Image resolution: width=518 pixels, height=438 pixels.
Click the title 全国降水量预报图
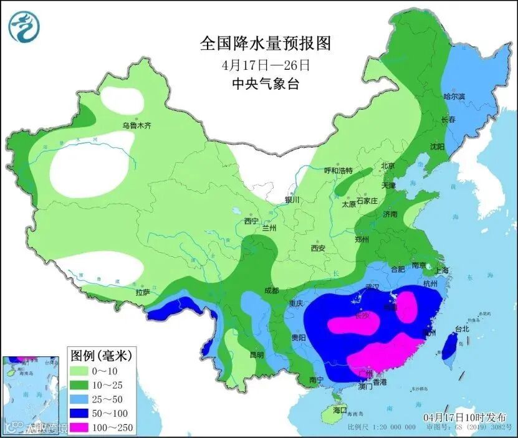(x=265, y=43)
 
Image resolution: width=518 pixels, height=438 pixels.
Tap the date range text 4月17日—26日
(x=265, y=64)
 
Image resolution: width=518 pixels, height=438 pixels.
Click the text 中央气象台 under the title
(x=265, y=84)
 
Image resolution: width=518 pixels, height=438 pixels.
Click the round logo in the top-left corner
(x=24, y=26)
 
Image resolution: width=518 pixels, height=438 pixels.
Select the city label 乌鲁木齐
(x=137, y=125)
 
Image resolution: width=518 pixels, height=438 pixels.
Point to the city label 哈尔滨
(x=454, y=97)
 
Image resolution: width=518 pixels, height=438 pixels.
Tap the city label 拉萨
(x=143, y=292)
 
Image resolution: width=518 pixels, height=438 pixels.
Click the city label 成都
(x=271, y=290)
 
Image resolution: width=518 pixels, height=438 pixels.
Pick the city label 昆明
(x=257, y=355)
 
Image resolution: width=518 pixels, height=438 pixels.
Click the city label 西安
(x=318, y=248)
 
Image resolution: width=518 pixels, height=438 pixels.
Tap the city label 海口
(x=340, y=411)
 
